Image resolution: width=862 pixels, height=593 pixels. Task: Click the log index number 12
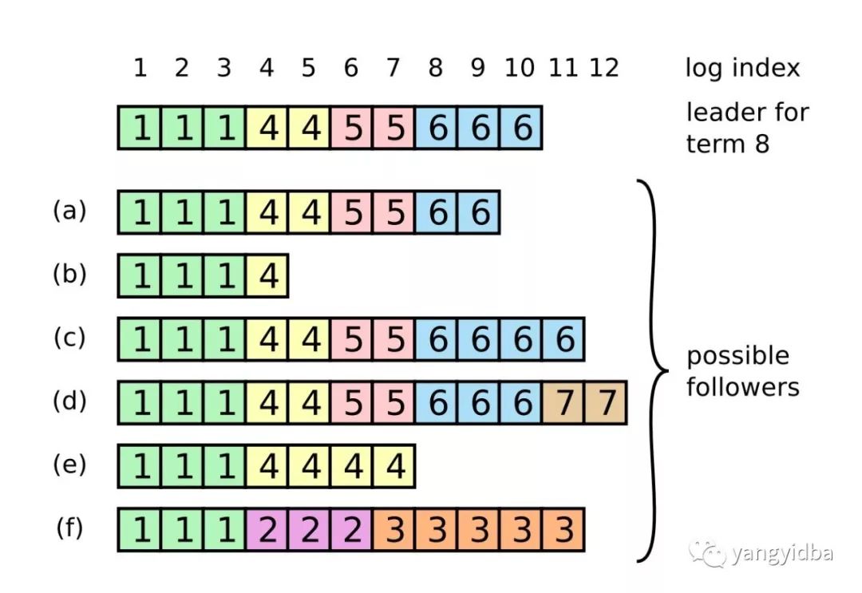(604, 68)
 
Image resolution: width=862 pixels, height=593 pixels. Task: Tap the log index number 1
(140, 68)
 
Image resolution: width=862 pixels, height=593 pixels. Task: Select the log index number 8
(436, 68)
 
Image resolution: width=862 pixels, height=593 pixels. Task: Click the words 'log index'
(742, 68)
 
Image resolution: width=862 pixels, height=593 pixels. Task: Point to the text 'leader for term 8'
(748, 128)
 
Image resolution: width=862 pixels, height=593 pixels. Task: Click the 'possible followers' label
(743, 371)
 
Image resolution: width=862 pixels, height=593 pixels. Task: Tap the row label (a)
(69, 211)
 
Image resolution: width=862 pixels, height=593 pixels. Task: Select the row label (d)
(69, 401)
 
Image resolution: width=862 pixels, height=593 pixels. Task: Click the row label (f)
(69, 528)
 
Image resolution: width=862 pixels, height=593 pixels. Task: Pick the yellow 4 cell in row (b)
(267, 275)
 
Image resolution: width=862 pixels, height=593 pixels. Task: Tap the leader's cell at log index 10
(522, 128)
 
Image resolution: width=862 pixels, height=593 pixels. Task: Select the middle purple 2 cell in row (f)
(310, 530)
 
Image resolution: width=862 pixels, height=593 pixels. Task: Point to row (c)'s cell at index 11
(564, 339)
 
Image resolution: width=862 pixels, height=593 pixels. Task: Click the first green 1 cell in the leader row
(140, 128)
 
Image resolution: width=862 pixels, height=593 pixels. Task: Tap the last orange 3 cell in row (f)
(564, 530)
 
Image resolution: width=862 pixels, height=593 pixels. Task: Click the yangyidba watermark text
(782, 553)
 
